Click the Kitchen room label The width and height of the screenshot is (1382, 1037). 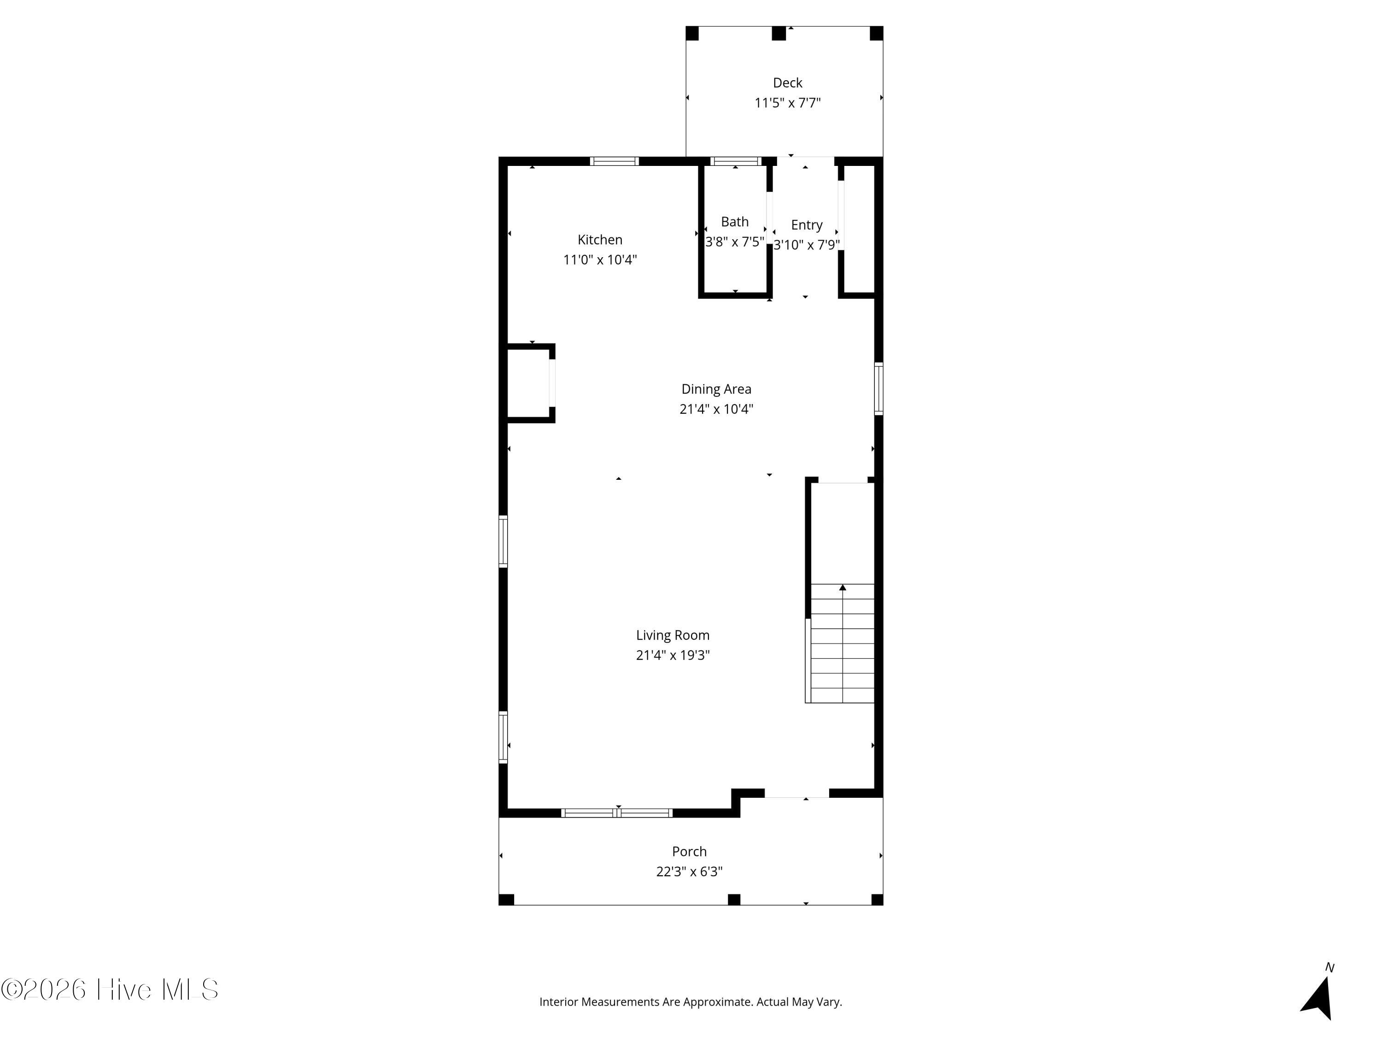pyautogui.click(x=600, y=239)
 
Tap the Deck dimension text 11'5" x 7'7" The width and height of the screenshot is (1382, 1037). pyautogui.click(x=787, y=102)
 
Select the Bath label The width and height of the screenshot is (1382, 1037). pyautogui.click(x=735, y=221)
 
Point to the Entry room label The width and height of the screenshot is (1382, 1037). pyautogui.click(x=807, y=225)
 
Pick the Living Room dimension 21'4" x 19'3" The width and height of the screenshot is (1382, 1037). pyautogui.click(x=673, y=655)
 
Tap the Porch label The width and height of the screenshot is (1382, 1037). pyautogui.click(x=689, y=851)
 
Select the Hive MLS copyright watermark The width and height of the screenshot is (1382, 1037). pyautogui.click(x=110, y=990)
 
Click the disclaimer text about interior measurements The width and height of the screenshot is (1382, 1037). pyautogui.click(x=691, y=1002)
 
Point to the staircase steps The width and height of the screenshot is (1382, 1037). pyautogui.click(x=842, y=643)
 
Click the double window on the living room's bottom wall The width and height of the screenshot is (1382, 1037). pyautogui.click(x=617, y=813)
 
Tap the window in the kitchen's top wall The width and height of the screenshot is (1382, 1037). pyautogui.click(x=614, y=161)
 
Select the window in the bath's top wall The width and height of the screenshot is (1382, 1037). pyautogui.click(x=735, y=161)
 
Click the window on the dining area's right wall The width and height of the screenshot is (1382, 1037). pyautogui.click(x=878, y=388)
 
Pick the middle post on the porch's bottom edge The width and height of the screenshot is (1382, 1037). pyautogui.click(x=734, y=900)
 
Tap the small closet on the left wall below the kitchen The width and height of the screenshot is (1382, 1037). pyautogui.click(x=528, y=383)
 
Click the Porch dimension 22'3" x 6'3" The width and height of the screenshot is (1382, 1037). pyautogui.click(x=689, y=872)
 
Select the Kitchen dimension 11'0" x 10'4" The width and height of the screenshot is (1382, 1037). pyautogui.click(x=600, y=259)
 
